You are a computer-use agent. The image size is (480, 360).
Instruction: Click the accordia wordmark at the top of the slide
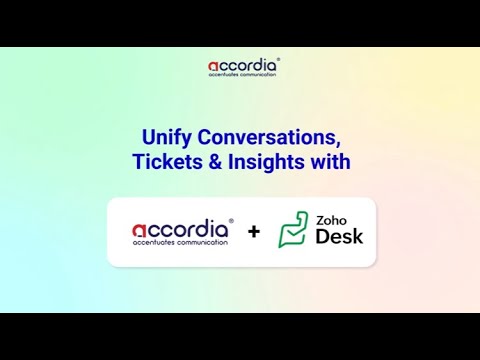pyautogui.click(x=243, y=67)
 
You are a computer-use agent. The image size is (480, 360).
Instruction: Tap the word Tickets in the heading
pyautogui.click(x=164, y=161)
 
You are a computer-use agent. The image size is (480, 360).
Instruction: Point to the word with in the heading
pyautogui.click(x=332, y=161)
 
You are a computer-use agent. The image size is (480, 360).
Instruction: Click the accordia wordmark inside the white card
pyautogui.click(x=181, y=228)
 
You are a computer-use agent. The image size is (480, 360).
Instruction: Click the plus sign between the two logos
pyautogui.click(x=254, y=232)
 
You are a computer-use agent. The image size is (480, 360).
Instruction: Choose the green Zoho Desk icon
pyautogui.click(x=293, y=230)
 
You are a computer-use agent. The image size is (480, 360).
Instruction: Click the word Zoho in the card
pyautogui.click(x=332, y=219)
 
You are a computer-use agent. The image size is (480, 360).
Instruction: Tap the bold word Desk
pyautogui.click(x=339, y=237)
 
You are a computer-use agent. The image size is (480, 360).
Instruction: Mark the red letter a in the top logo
pyautogui.click(x=214, y=68)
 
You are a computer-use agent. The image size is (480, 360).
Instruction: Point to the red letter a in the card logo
pyautogui.click(x=140, y=229)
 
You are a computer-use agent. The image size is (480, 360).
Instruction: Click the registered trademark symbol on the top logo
pyautogui.click(x=278, y=60)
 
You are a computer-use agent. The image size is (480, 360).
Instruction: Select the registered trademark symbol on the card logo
pyautogui.click(x=232, y=220)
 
